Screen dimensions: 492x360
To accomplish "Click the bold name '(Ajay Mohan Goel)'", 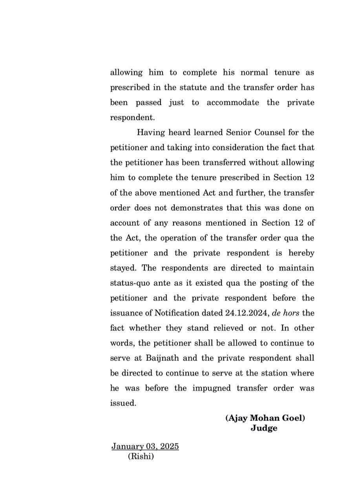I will coord(265,418).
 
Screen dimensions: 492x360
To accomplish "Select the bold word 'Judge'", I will coord(264,428).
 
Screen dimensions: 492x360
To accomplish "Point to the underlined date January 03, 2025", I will coord(145,447).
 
